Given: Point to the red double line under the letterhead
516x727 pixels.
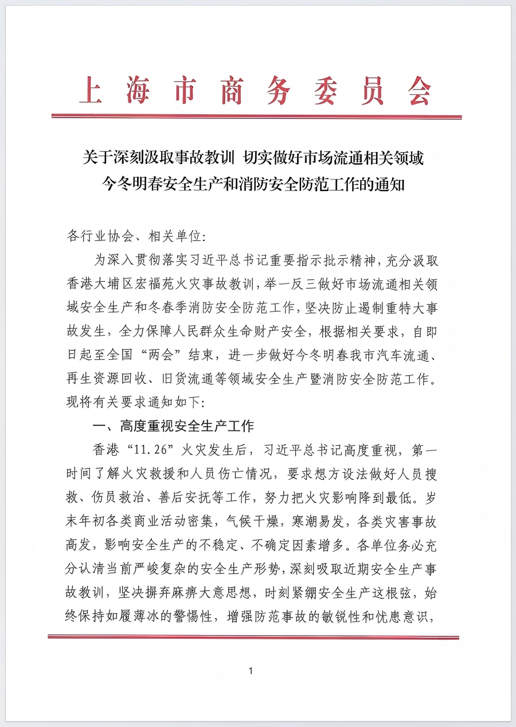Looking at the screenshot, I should (x=256, y=116).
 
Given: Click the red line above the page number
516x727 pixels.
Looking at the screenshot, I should (x=253, y=637).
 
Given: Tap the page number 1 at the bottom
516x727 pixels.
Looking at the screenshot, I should (x=251, y=671).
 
